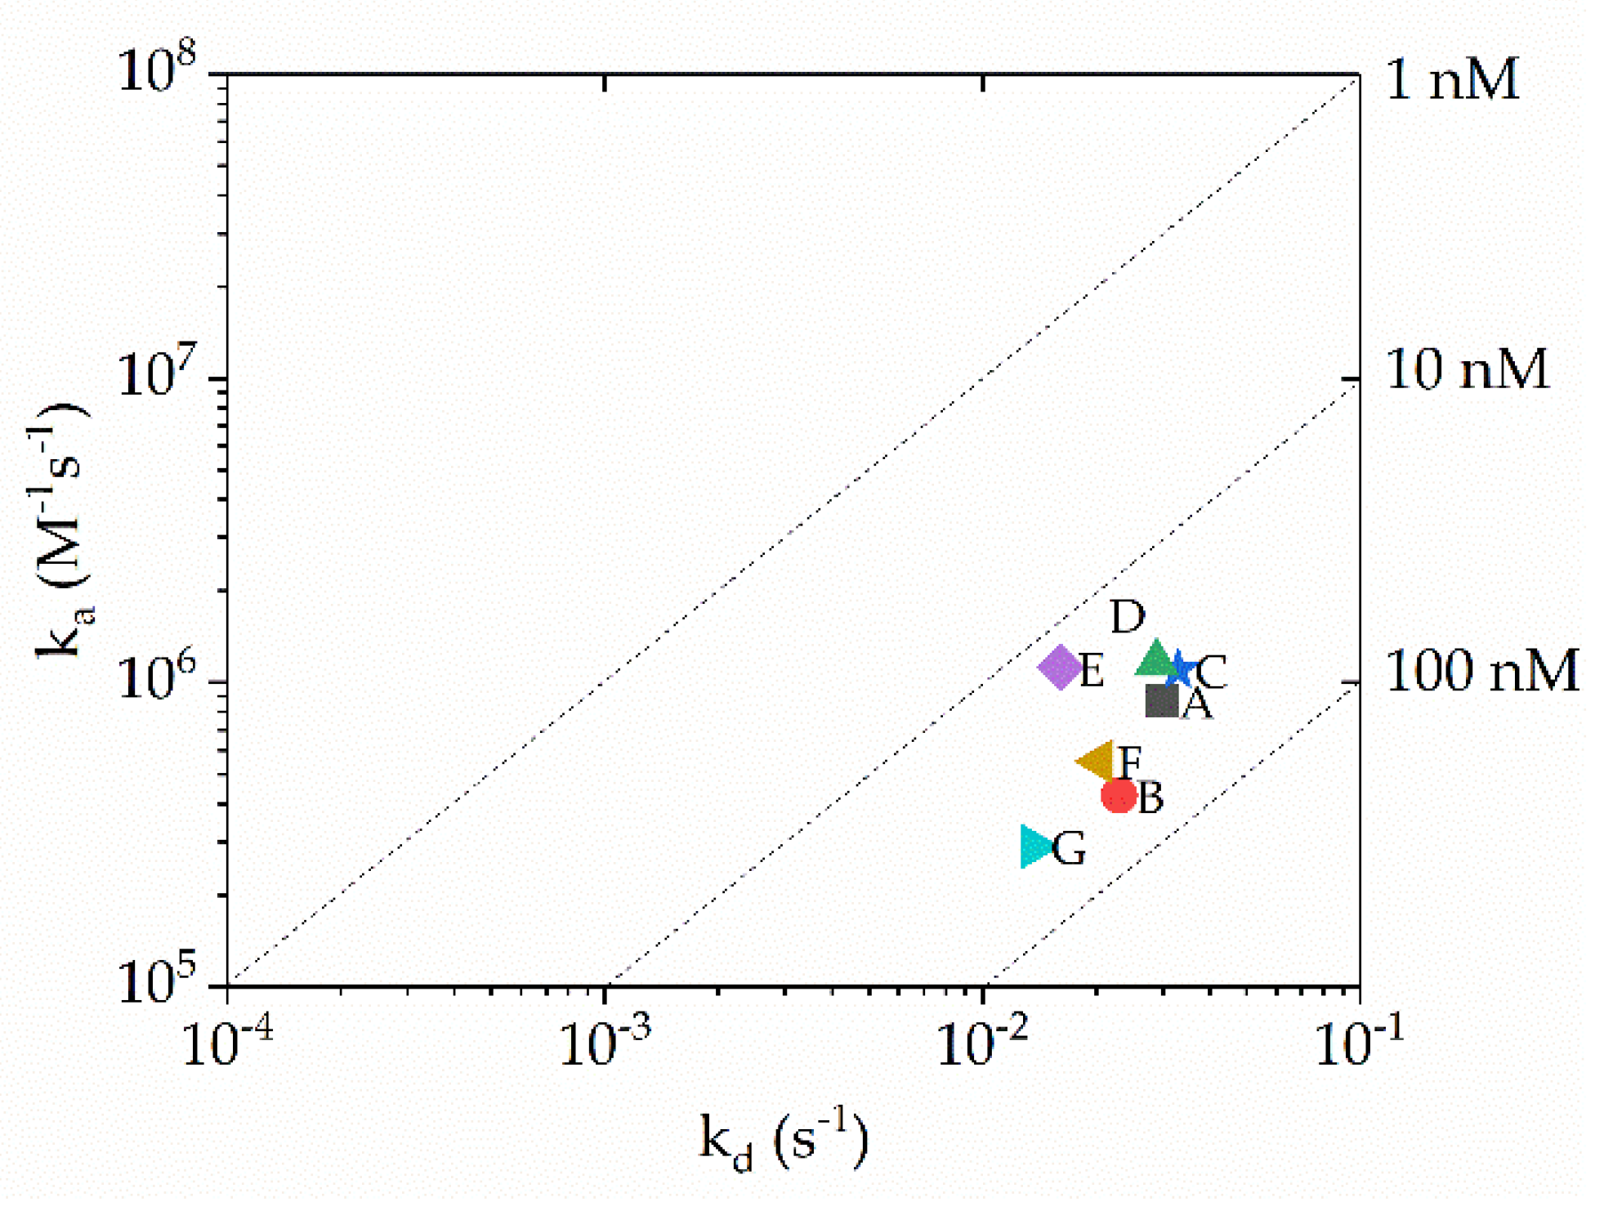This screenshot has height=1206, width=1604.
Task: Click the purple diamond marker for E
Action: [x=1060, y=667]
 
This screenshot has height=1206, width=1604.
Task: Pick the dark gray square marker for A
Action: [x=1161, y=700]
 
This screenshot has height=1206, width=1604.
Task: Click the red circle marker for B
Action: [x=1119, y=795]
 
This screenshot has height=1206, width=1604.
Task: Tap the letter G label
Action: [x=1069, y=849]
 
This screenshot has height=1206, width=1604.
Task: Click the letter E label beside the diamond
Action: [x=1092, y=672]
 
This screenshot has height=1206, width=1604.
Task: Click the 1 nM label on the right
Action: [x=1453, y=79]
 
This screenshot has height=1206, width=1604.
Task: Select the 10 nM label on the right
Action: [x=1467, y=369]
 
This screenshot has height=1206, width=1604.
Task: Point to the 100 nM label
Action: [x=1481, y=672]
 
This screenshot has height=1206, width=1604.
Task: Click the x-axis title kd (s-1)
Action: [x=783, y=1139]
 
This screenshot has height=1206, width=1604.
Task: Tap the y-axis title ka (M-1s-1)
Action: [x=61, y=531]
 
